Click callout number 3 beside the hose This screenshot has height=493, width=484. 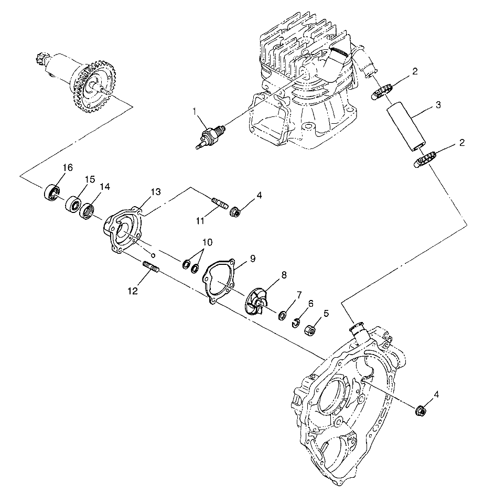point(437,105)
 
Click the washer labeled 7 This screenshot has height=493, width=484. point(283,315)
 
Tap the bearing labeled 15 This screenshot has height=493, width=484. point(73,203)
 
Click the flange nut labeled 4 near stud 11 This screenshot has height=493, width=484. point(235,212)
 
